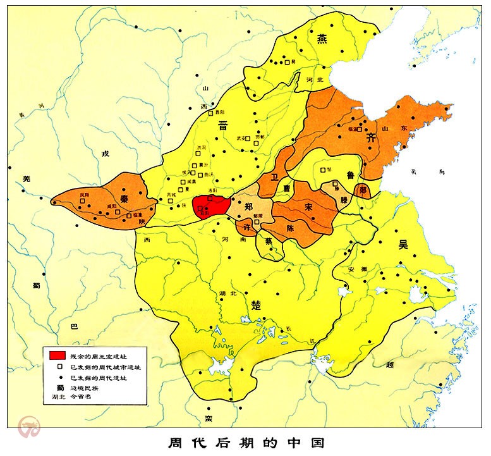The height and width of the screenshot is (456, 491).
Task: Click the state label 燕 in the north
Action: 322,39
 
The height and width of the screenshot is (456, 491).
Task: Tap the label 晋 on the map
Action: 223,126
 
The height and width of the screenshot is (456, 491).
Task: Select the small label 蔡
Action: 269,242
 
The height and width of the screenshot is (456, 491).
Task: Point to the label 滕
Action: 344,199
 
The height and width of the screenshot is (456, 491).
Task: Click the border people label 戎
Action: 105,154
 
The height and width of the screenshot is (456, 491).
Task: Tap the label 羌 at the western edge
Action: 26,180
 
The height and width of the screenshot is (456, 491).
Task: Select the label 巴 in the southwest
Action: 73,327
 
